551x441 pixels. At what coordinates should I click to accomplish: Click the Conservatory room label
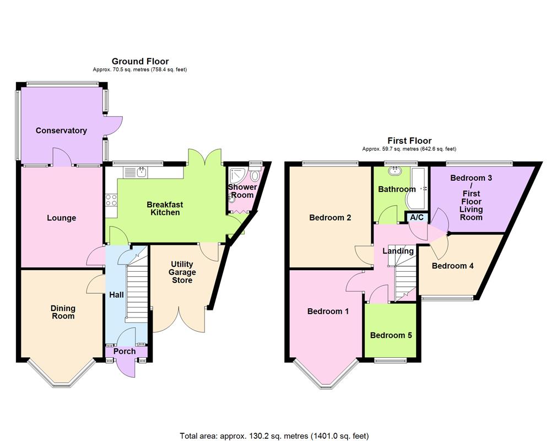click(61, 131)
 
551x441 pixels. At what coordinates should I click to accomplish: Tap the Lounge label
click(61, 218)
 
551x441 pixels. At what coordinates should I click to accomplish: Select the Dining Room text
click(63, 312)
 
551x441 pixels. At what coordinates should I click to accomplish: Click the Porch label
click(125, 351)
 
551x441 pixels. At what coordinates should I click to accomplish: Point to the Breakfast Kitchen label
click(165, 208)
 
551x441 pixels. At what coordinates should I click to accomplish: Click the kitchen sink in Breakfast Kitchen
click(141, 173)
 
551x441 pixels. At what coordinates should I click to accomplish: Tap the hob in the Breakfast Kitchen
click(111, 200)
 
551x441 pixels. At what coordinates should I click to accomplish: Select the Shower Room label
click(242, 191)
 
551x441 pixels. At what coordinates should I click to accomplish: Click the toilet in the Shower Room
click(255, 176)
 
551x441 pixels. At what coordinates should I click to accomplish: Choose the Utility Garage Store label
click(182, 272)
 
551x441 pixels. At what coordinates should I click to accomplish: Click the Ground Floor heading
click(140, 61)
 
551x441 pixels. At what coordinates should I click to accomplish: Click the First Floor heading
click(409, 141)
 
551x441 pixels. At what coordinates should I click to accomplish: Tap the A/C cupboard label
click(417, 218)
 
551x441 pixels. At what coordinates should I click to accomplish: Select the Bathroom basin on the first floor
click(394, 171)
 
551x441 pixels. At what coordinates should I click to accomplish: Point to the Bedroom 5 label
click(391, 335)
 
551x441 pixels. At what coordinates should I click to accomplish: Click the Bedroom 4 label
click(452, 266)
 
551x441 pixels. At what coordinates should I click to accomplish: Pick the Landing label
click(398, 251)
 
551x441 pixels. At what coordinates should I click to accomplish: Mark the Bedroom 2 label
click(330, 218)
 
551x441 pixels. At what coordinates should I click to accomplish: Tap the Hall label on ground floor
click(116, 295)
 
